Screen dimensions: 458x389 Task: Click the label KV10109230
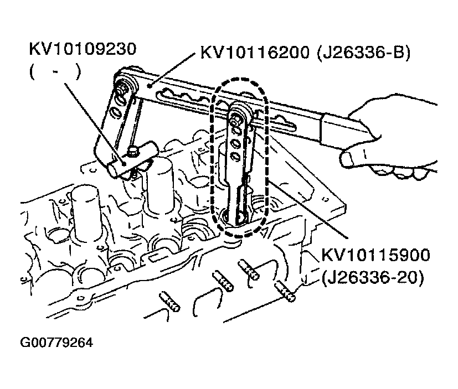click(x=83, y=49)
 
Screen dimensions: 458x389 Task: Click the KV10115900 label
click(x=375, y=255)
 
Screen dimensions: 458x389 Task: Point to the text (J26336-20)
click(x=372, y=278)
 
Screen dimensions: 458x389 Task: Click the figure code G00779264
click(x=56, y=343)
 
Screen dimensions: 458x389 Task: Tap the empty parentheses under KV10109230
click(x=55, y=72)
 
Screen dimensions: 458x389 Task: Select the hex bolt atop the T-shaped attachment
click(x=132, y=152)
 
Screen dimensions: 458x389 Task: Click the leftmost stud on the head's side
click(x=169, y=302)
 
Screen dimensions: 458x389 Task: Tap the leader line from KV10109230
click(x=95, y=124)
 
